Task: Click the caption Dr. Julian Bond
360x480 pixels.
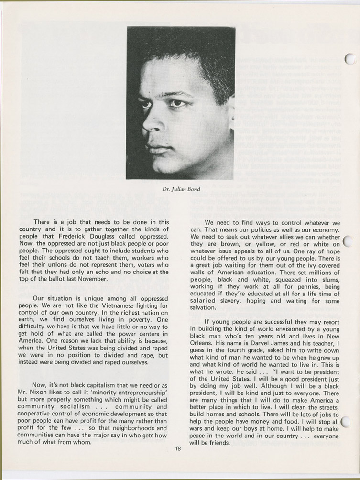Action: tap(180, 189)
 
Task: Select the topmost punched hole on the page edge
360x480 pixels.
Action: tap(349, 59)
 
